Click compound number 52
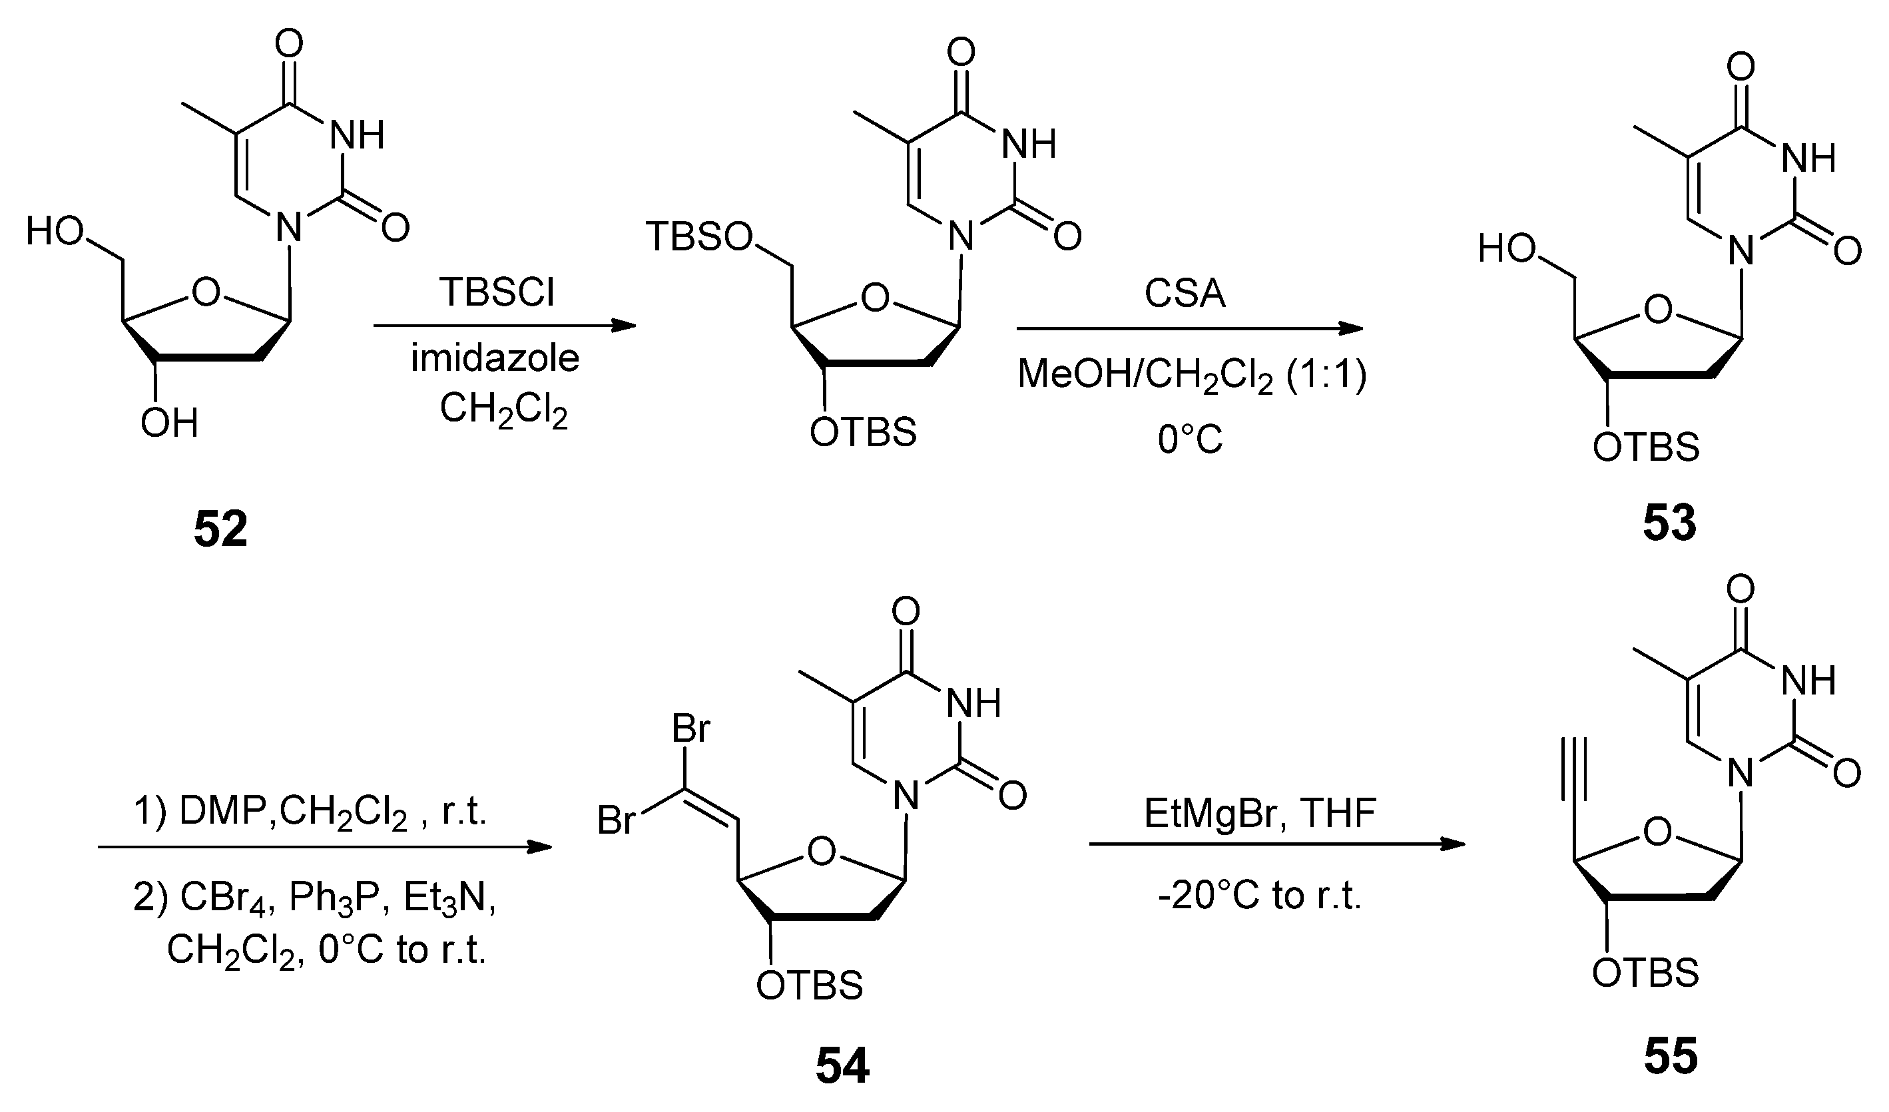point(220,529)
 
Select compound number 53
point(1669,523)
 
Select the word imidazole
point(495,358)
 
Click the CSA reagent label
point(1185,293)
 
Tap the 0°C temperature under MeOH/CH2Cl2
point(1190,439)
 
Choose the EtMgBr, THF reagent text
point(1260,814)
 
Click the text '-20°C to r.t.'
point(1259,896)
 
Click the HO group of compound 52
point(54,231)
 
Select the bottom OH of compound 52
point(169,424)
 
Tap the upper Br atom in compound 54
point(690,728)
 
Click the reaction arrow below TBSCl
point(504,326)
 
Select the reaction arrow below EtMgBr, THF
point(1276,844)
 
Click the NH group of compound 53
point(1808,158)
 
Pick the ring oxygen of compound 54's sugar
point(822,851)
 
